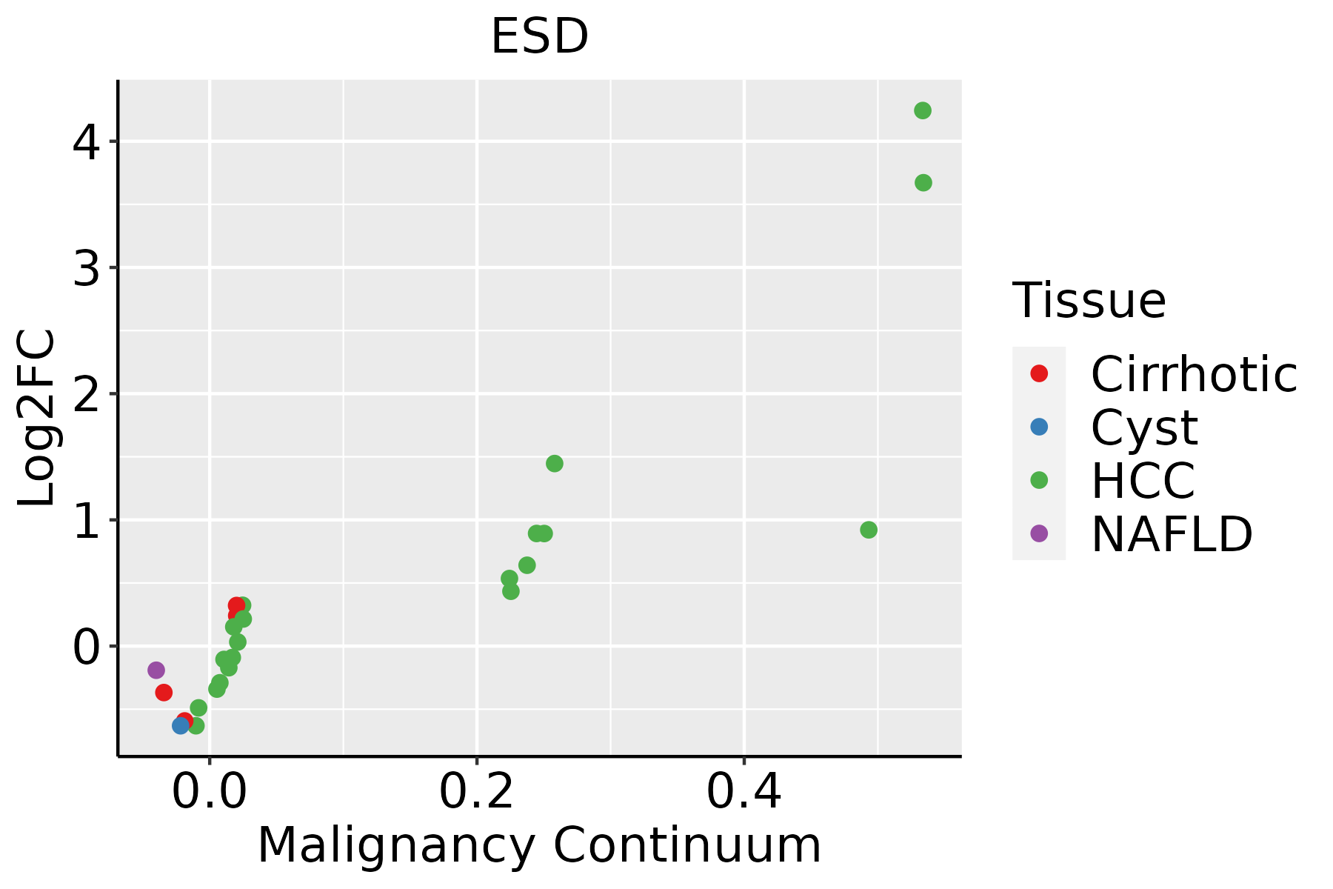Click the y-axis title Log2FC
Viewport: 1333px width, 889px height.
pos(37,419)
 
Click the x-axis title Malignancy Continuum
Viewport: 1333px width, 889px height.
pos(539,845)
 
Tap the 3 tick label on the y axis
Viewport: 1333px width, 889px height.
pos(86,268)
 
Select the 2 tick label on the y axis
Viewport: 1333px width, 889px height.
pos(86,394)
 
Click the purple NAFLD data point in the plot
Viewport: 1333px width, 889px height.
pos(156,670)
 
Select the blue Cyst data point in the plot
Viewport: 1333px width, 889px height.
pos(181,725)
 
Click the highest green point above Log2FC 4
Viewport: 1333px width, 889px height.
pos(923,110)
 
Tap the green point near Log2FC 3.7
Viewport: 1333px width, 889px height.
pos(923,182)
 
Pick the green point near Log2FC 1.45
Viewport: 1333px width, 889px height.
pos(555,464)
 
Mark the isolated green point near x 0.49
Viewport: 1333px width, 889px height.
pos(869,530)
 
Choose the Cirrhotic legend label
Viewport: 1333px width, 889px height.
pos(1194,374)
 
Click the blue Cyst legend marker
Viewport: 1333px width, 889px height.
pos(1039,427)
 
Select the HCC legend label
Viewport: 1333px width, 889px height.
pos(1143,481)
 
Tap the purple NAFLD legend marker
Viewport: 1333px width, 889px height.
pos(1039,533)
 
